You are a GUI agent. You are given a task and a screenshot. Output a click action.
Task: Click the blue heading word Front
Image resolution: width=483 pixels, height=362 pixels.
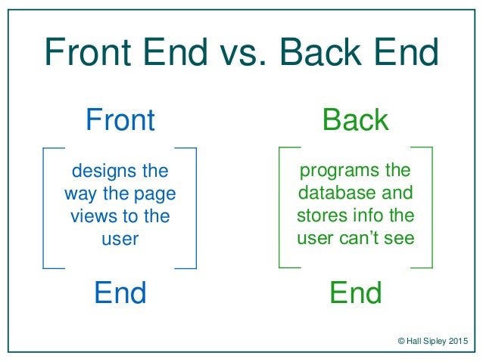[120, 120]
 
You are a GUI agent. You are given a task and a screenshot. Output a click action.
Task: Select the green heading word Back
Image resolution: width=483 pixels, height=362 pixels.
[355, 120]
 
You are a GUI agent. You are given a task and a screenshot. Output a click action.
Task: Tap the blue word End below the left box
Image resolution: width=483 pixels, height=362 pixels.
[120, 292]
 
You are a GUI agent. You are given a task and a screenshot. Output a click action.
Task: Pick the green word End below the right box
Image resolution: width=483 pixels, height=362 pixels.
[355, 292]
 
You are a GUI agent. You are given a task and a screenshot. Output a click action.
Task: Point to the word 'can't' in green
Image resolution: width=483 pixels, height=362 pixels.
[354, 240]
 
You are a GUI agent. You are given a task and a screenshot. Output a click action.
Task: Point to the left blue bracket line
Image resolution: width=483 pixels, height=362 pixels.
[44, 207]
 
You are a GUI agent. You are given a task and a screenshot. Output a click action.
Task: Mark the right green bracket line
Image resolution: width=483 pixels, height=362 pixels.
[432, 207]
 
